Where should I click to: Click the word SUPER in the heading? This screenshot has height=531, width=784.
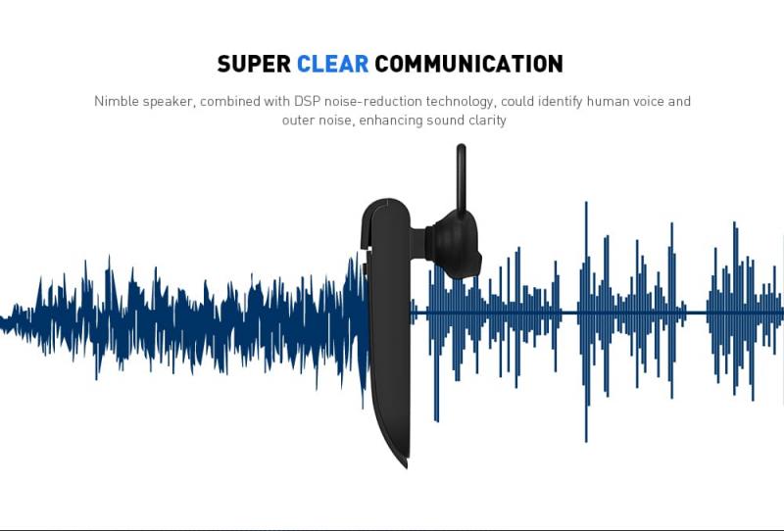[x=254, y=64]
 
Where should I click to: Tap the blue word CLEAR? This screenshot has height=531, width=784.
[x=332, y=64]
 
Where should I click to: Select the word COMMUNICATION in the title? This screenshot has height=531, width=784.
[x=469, y=64]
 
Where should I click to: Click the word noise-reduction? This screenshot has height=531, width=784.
[x=373, y=101]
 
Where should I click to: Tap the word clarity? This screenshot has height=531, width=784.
[x=487, y=121]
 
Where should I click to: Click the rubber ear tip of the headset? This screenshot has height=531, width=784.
[x=456, y=244]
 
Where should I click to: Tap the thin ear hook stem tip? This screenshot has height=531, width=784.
[x=461, y=148]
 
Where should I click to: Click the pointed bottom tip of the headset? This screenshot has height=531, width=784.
[x=406, y=466]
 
